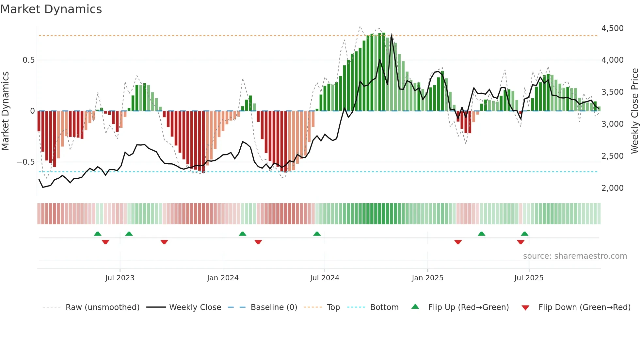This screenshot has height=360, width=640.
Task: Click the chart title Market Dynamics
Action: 51,9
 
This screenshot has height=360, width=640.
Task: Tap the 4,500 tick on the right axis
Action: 612,28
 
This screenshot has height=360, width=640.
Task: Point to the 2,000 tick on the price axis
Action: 612,188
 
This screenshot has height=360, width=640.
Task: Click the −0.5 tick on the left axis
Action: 25,162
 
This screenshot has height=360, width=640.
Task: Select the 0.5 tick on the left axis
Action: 28,60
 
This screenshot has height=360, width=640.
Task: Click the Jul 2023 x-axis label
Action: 120,278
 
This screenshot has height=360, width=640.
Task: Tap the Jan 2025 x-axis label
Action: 427,278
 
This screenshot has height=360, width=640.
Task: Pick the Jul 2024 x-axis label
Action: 325,278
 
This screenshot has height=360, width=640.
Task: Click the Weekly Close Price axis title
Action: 634,111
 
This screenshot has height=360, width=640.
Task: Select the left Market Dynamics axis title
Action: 6,111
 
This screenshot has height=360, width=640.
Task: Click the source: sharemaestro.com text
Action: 575,256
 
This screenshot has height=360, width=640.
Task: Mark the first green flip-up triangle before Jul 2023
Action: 98,234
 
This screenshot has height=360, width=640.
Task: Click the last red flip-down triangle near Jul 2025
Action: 521,242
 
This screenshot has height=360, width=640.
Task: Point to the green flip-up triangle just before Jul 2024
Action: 317,234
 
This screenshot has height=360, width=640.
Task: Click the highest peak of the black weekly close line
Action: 392,35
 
